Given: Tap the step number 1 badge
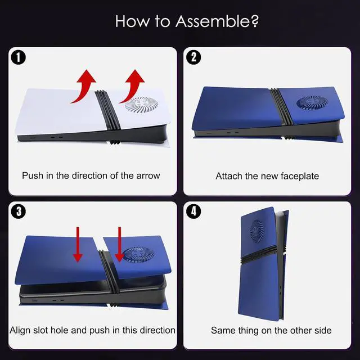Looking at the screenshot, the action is pos(19,57).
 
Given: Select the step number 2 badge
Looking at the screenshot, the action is pos(193,57).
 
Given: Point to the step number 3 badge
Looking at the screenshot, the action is pos(19,211).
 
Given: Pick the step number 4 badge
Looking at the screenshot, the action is pos(193,211).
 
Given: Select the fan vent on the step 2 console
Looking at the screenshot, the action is pos(312,102).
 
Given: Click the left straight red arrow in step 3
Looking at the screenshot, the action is pos(78,244).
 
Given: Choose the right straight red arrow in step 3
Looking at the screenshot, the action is pos(119,244).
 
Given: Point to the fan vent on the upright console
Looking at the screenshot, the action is pos(257,231).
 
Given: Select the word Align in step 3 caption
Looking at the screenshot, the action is pos(20,331).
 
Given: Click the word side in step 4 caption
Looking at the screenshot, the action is pos(323,331).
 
